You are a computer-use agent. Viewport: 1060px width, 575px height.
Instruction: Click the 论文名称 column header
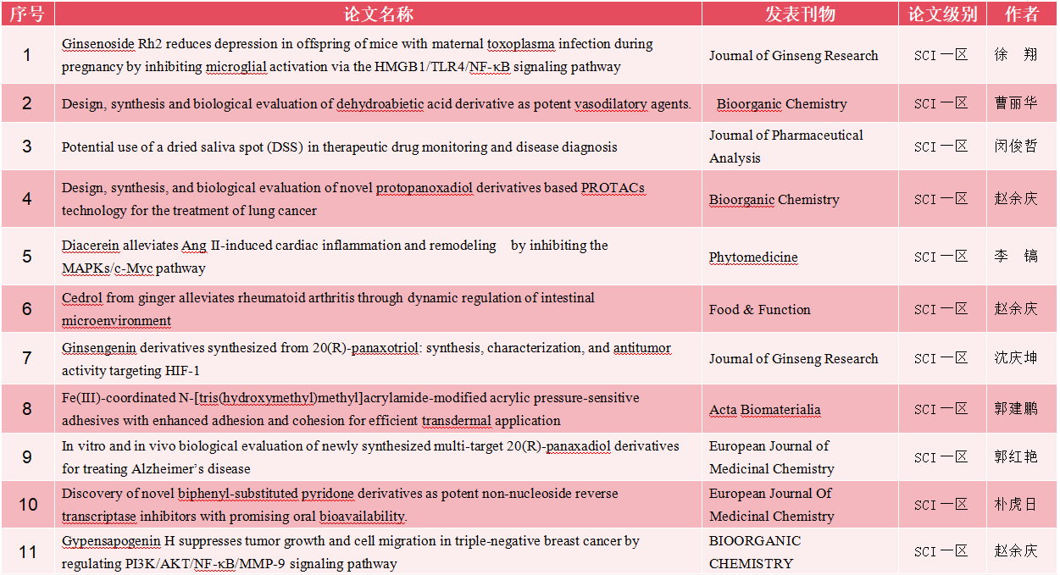pyautogui.click(x=378, y=14)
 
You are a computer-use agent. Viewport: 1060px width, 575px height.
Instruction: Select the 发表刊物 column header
pyautogui.click(x=800, y=14)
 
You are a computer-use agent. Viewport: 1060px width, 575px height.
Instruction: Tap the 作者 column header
pyautogui.click(x=1021, y=14)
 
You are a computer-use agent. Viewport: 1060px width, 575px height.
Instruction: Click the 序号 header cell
pyautogui.click(x=27, y=14)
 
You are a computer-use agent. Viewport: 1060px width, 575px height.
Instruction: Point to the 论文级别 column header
pyautogui.click(x=942, y=14)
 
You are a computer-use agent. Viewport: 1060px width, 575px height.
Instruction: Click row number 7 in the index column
pyautogui.click(x=27, y=358)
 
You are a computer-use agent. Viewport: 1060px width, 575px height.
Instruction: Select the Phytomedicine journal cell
pyautogui.click(x=753, y=257)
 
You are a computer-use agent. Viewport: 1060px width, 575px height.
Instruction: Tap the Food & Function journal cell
pyautogui.click(x=759, y=310)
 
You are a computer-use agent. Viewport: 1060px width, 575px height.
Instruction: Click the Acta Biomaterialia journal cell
pyautogui.click(x=764, y=410)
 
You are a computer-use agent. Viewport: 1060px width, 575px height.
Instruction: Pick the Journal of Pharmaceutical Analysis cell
pyautogui.click(x=785, y=147)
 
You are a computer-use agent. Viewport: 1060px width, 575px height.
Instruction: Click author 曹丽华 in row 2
pyautogui.click(x=1016, y=103)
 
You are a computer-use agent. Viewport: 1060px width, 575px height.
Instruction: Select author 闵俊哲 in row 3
pyautogui.click(x=1016, y=146)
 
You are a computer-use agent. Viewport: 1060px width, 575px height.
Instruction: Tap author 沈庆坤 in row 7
pyautogui.click(x=1016, y=358)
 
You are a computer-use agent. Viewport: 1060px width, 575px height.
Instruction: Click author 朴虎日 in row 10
pyautogui.click(x=1016, y=505)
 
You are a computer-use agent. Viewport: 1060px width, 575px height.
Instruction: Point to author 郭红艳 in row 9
pyautogui.click(x=1016, y=457)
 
